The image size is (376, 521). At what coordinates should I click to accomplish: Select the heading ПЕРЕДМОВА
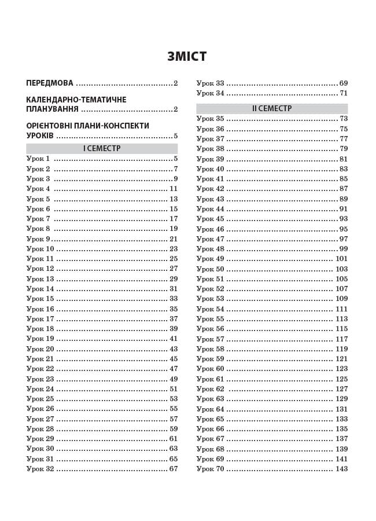pyautogui.click(x=50, y=83)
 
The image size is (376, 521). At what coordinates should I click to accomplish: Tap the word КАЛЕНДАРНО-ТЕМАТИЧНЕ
pyautogui.click(x=76, y=100)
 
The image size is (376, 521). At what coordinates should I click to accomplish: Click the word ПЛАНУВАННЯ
pyautogui.click(x=53, y=109)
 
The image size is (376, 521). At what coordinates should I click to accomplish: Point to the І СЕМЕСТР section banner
pyautogui.click(x=102, y=148)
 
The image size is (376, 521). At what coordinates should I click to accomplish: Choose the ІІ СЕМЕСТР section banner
pyautogui.click(x=272, y=108)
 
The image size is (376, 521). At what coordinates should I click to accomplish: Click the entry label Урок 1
pyautogui.click(x=38, y=159)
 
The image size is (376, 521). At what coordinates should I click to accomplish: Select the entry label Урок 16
pyautogui.click(x=40, y=309)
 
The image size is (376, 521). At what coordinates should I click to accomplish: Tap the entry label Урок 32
pyautogui.click(x=40, y=469)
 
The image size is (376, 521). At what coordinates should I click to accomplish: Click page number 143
pyautogui.click(x=341, y=469)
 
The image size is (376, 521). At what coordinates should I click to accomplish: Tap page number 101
pyautogui.click(x=341, y=259)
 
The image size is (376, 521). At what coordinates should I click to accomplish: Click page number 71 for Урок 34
pyautogui.click(x=344, y=93)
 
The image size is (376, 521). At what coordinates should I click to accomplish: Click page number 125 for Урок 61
pyautogui.click(x=341, y=379)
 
